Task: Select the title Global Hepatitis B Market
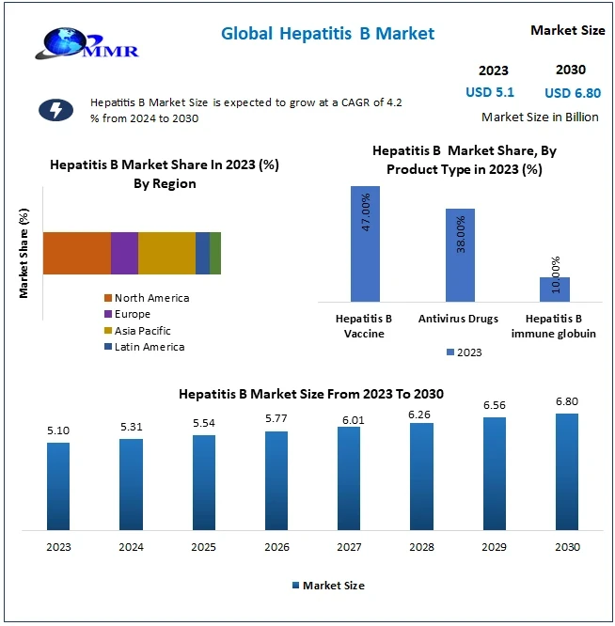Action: point(327,34)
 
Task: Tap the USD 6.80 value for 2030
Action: point(572,93)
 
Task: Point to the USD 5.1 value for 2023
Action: point(492,92)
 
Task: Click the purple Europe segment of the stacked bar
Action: point(124,253)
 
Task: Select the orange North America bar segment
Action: point(77,253)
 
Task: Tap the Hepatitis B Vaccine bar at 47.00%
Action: point(365,243)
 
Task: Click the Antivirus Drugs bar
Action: point(460,255)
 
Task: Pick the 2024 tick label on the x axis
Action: point(131,547)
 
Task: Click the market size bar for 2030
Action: point(567,471)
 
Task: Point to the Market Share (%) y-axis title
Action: point(24,253)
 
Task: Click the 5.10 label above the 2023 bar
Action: point(58,431)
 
